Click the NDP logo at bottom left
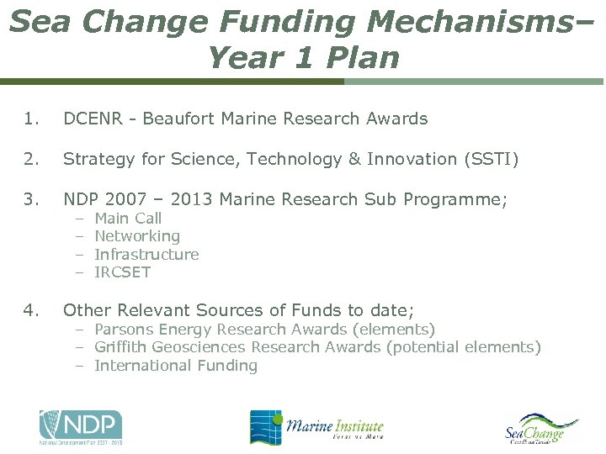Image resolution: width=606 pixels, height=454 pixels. click(81, 426)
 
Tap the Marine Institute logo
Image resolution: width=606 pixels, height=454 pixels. click(316, 427)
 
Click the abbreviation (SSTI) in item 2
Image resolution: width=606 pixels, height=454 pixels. click(489, 159)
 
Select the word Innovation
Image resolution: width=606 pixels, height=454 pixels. click(412, 159)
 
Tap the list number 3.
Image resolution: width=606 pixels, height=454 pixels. click(31, 199)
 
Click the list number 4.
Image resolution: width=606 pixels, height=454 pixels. click(31, 310)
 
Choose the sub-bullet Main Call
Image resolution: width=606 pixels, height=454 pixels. click(128, 219)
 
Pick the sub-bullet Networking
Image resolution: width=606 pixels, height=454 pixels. click(137, 236)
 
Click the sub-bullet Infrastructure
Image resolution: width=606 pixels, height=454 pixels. click(146, 254)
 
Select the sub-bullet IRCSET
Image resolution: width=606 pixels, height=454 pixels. click(122, 272)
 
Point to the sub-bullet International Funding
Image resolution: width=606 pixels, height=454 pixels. click(176, 365)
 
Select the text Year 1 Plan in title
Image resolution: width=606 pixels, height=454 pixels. click(302, 57)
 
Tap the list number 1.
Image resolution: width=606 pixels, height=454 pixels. click(31, 119)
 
